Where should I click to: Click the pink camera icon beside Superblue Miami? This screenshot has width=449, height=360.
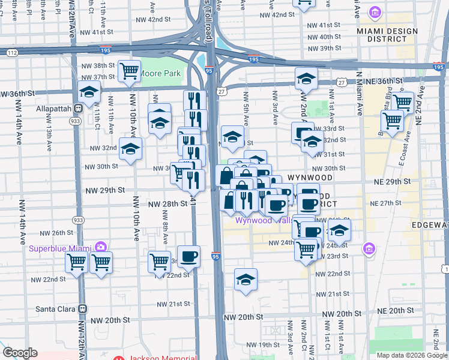pos(100,247)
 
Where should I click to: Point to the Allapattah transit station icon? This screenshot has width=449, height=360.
pos(77,108)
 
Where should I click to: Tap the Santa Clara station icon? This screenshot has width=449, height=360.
pos(83,308)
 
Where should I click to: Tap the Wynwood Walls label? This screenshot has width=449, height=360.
pos(258,220)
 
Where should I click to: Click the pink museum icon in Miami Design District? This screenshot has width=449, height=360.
pos(375,13)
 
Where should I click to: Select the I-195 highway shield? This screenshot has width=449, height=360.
pos(253,59)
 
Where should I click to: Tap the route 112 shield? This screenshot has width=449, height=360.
pos(12,52)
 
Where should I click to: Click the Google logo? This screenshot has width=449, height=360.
pos(19,353)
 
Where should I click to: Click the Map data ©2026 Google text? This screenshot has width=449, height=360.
pos(411,355)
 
